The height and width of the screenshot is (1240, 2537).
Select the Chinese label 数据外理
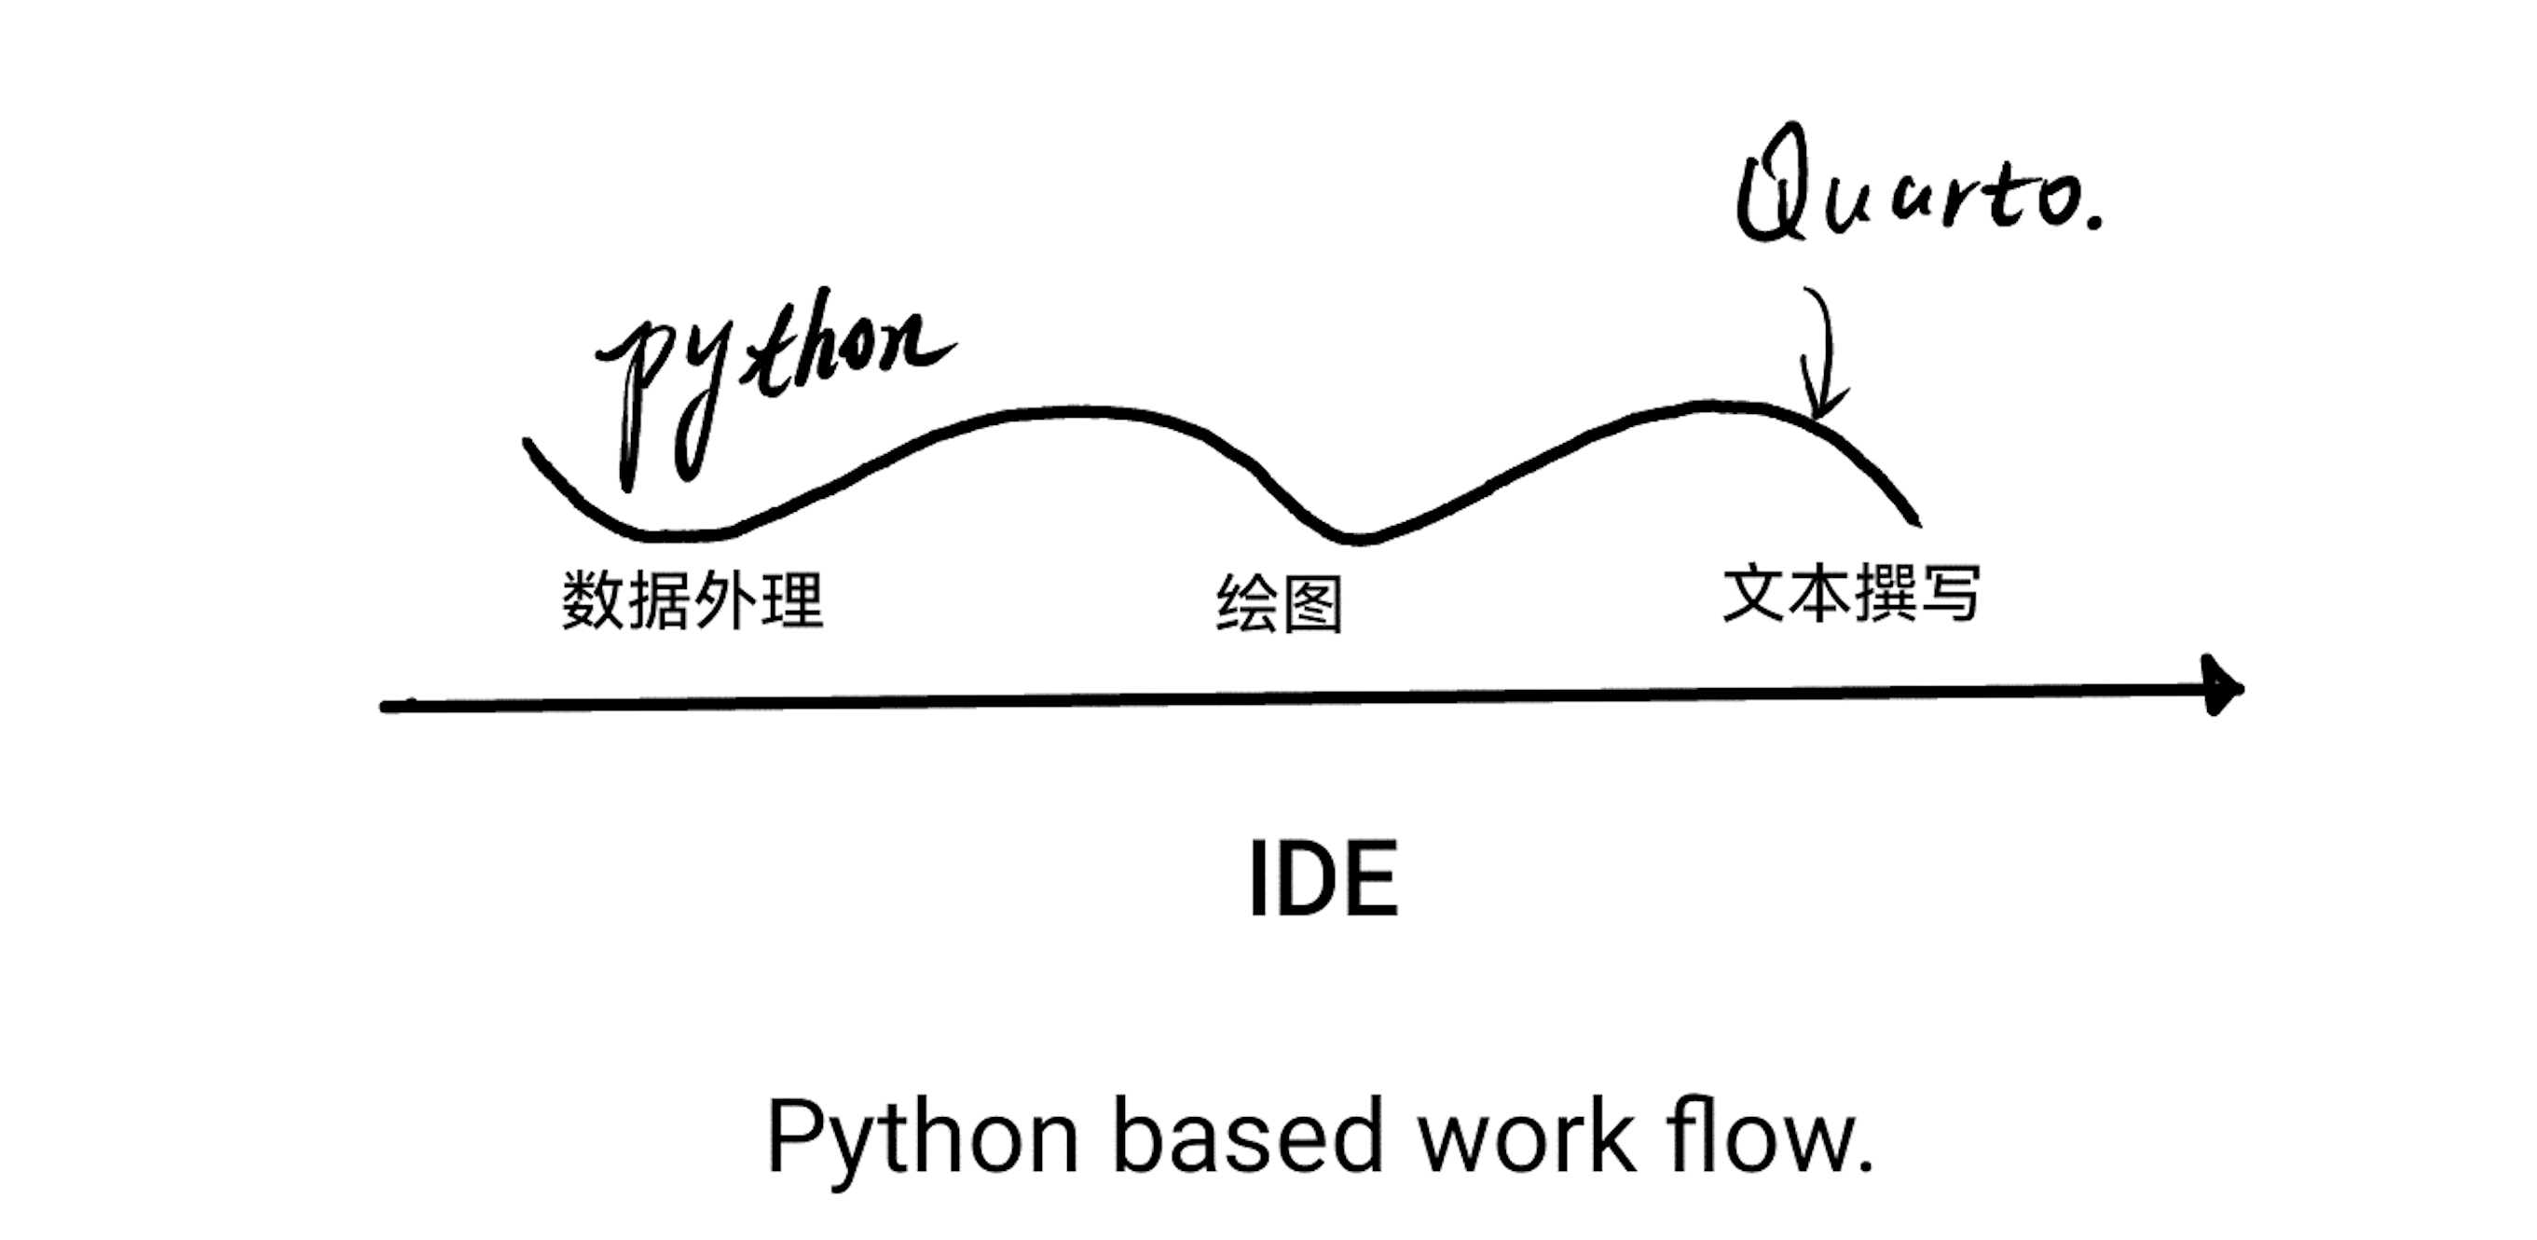693,599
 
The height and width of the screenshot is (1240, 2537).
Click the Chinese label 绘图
1280,603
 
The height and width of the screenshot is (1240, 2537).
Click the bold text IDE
1323,879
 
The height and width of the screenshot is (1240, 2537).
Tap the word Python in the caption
922,1137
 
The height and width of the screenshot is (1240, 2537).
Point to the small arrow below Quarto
1822,354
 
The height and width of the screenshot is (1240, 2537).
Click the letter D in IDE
1315,879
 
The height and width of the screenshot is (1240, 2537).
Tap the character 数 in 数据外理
593,599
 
